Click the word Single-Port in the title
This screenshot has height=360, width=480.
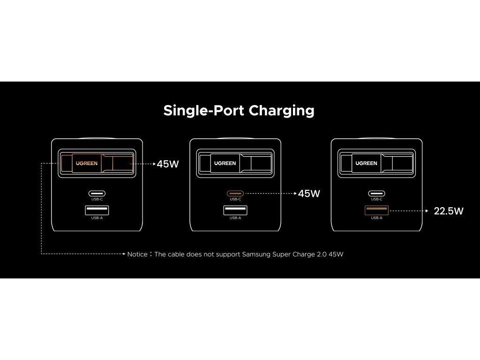[203, 111]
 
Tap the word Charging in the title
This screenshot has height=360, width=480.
[281, 111]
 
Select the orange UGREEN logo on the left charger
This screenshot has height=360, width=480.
[87, 163]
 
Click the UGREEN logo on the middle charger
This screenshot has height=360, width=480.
[225, 163]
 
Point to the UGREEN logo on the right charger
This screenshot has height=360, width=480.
[367, 163]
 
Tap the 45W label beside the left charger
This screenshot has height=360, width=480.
[168, 164]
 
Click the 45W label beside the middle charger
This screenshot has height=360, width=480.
[309, 194]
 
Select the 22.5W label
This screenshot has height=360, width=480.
[449, 211]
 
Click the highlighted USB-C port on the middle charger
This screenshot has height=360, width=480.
[235, 194]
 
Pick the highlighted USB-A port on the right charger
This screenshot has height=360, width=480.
[376, 210]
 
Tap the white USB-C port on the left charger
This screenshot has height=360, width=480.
[97, 194]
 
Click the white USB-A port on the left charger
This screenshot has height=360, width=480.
[97, 210]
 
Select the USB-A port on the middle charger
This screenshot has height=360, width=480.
[235, 210]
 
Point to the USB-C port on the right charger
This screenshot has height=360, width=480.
[376, 194]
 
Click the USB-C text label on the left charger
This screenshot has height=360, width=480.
[97, 199]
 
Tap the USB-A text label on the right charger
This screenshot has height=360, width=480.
[376, 218]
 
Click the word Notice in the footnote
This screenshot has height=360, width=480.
[137, 254]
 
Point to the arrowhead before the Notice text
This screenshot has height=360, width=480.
[124, 254]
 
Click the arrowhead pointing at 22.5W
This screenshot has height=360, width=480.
[427, 211]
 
